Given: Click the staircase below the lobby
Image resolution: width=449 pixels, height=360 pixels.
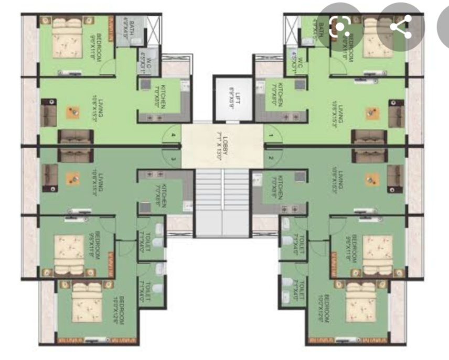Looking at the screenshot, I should [x=222, y=202].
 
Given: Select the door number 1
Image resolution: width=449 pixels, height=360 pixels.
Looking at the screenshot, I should [x=271, y=135].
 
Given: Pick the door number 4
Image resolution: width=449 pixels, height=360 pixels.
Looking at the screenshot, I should [x=173, y=135].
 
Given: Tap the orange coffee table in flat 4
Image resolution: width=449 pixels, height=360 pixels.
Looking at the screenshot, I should [x=72, y=112].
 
